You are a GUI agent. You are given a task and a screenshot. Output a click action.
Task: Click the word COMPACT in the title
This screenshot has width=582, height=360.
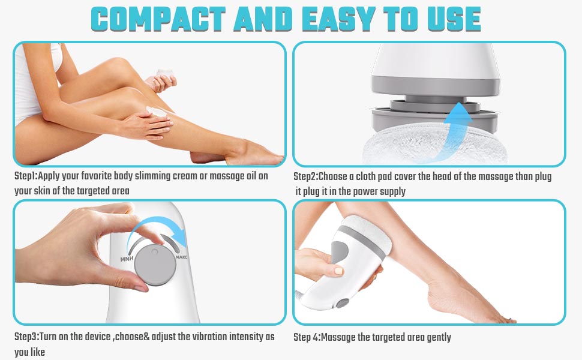(x=157, y=20)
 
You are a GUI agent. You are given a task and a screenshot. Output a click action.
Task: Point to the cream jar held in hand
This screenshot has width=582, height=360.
(x=165, y=76)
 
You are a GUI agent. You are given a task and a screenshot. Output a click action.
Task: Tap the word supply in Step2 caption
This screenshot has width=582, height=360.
(x=390, y=191)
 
